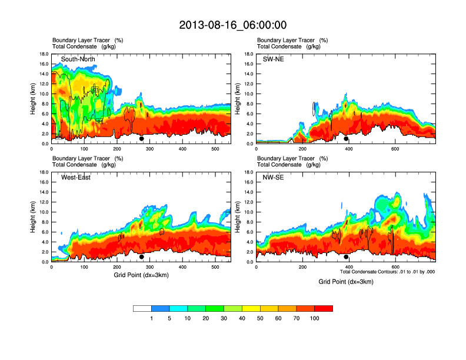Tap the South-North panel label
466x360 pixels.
(78, 59)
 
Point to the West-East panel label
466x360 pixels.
(76, 178)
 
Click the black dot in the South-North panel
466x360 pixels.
(142, 139)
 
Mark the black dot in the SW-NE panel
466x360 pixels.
(346, 139)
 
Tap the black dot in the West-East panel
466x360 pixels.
(142, 257)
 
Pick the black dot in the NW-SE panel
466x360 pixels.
(346, 257)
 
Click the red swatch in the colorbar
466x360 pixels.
(324, 308)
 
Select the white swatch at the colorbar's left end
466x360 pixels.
(142, 308)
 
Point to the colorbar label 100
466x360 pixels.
(315, 318)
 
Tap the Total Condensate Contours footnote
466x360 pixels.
(387, 272)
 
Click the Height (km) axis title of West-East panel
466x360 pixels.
(34, 217)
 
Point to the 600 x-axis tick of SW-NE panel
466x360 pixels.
(395, 149)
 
